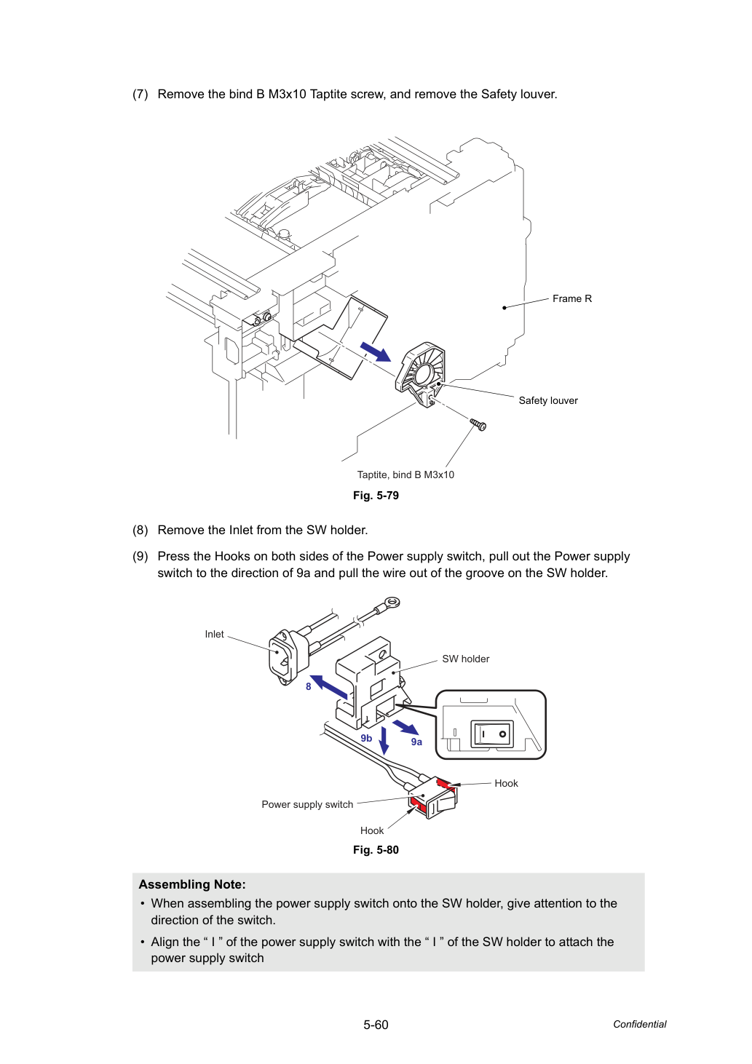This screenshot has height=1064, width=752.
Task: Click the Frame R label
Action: click(x=571, y=299)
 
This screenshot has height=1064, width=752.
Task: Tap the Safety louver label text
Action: click(x=547, y=400)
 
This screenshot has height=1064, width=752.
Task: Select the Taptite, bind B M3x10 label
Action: click(x=405, y=475)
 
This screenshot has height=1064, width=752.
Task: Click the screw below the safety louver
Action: click(x=478, y=424)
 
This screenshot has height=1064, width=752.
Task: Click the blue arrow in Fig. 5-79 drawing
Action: click(x=376, y=352)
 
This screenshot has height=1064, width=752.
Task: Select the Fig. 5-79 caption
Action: click(x=376, y=496)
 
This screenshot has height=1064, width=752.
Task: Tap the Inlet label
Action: click(x=214, y=634)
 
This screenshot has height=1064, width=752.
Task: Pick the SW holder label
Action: click(x=466, y=659)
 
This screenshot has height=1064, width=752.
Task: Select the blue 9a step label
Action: click(x=416, y=742)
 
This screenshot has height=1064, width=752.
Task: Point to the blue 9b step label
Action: click(x=366, y=738)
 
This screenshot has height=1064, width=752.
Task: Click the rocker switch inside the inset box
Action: click(x=491, y=734)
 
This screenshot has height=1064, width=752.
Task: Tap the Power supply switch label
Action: click(x=307, y=804)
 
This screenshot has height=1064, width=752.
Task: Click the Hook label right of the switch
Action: click(x=506, y=783)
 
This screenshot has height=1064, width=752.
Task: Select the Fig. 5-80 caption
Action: click(x=376, y=850)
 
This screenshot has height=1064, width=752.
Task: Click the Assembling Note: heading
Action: click(x=192, y=884)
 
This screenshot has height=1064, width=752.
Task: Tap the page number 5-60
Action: click(x=376, y=1025)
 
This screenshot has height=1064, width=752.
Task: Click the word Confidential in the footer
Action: click(x=639, y=1024)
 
